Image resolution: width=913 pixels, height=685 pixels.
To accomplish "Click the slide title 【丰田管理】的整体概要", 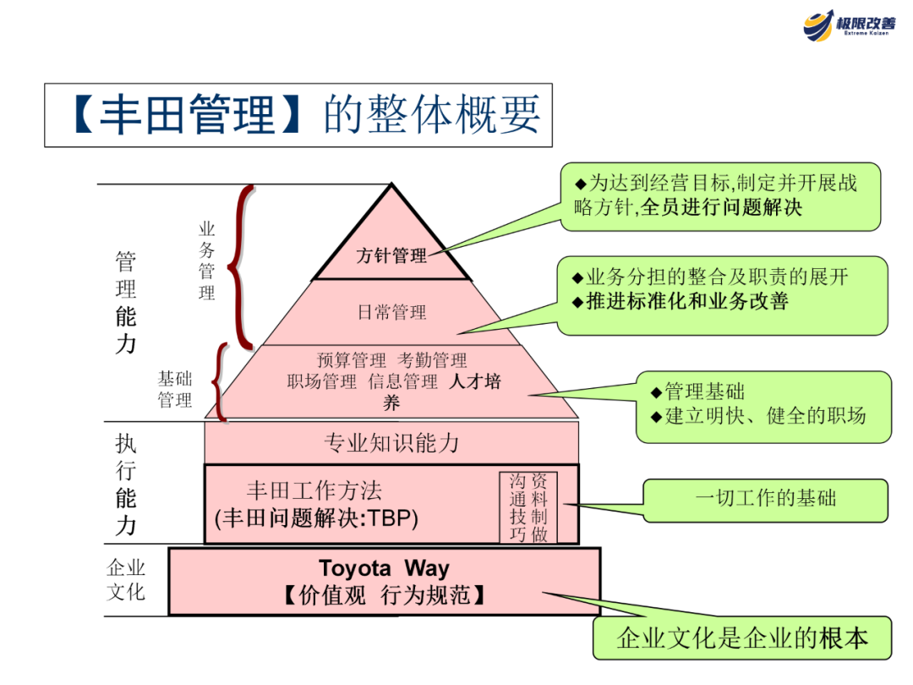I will click(x=298, y=115).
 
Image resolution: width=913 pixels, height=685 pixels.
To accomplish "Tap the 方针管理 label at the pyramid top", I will click(x=391, y=255).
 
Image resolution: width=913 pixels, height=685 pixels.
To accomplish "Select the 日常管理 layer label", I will click(x=391, y=312).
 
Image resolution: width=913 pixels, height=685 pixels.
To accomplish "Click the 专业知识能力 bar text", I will click(x=391, y=442).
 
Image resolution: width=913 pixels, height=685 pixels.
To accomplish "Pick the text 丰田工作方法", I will click(x=314, y=490).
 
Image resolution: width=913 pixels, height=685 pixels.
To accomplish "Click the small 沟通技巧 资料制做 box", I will click(x=528, y=507).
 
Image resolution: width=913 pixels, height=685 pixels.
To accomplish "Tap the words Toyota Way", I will click(x=384, y=568).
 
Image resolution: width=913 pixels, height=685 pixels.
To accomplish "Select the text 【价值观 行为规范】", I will click(x=384, y=595).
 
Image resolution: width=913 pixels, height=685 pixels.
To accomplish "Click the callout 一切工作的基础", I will click(x=765, y=497).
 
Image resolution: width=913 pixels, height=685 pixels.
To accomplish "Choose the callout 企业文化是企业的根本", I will click(x=743, y=638).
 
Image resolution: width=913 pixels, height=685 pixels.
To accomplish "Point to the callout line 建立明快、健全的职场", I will click(x=765, y=416).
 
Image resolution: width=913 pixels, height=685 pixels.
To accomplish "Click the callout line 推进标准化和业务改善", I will click(x=686, y=301).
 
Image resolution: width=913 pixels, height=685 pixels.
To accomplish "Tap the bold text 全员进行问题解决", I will click(x=722, y=207).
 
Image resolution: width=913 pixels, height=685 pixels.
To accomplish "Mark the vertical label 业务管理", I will click(x=207, y=260).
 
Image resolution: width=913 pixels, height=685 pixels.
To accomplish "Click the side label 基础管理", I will click(x=175, y=389).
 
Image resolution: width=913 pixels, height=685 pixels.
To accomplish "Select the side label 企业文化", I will click(x=126, y=579).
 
